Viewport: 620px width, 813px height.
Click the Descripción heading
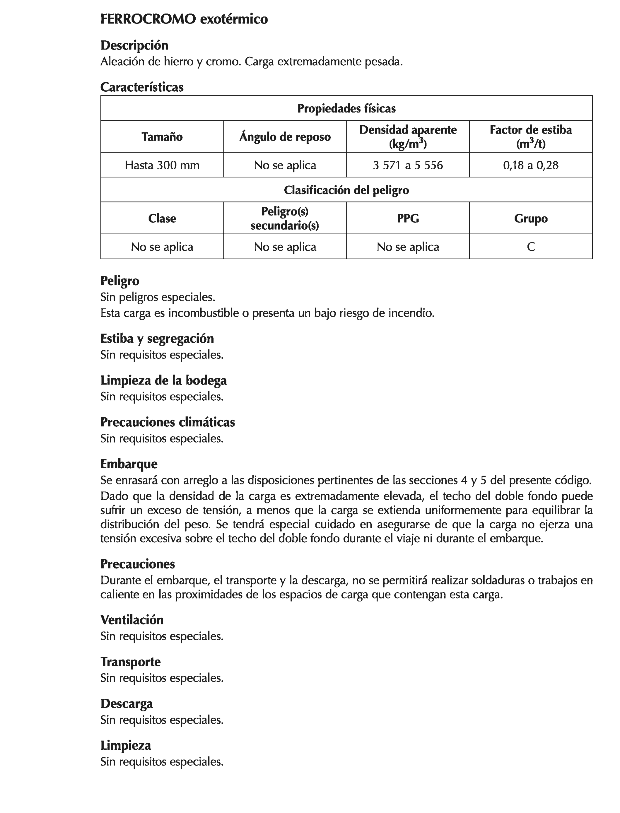click(x=134, y=45)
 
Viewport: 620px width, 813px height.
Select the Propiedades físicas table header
click(x=346, y=108)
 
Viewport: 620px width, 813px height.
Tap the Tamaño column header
click(x=162, y=137)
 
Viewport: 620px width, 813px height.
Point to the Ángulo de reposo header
click(x=285, y=137)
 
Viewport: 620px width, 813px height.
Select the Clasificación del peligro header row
click(x=346, y=190)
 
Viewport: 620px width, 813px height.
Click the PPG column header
click(x=408, y=218)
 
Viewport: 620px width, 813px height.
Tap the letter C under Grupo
click(x=531, y=247)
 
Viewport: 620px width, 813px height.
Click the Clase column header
click(x=162, y=218)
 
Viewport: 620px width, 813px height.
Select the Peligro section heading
click(x=120, y=281)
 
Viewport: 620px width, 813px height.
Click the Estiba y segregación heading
click(x=157, y=339)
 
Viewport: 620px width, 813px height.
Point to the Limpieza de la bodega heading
click(x=163, y=380)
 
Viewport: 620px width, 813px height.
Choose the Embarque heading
click(x=129, y=464)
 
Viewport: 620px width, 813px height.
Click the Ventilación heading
click(x=132, y=620)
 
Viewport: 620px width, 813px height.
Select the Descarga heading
click(x=127, y=703)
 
